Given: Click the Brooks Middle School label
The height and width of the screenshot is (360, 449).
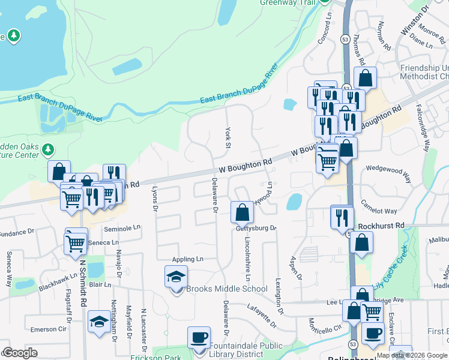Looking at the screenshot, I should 226,289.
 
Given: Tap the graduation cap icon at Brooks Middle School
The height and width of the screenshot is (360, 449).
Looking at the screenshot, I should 176,277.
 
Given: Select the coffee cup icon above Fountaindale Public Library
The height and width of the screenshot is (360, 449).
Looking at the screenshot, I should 199,337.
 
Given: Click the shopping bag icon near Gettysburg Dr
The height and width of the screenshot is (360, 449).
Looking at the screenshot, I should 242,212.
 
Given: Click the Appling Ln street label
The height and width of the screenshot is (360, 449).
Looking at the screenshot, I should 187,259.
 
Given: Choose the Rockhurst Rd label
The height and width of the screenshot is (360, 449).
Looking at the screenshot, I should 381,226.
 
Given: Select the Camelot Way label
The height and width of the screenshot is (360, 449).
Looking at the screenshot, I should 379,206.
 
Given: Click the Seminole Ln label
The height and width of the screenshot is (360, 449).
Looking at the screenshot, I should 121,228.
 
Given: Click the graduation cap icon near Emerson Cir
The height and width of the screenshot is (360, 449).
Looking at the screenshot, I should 98,322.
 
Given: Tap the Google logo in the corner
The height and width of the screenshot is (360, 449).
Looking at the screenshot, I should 20,353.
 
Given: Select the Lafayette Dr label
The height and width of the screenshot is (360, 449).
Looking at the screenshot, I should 261,315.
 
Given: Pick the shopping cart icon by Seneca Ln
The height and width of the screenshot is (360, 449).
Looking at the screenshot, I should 76,242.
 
